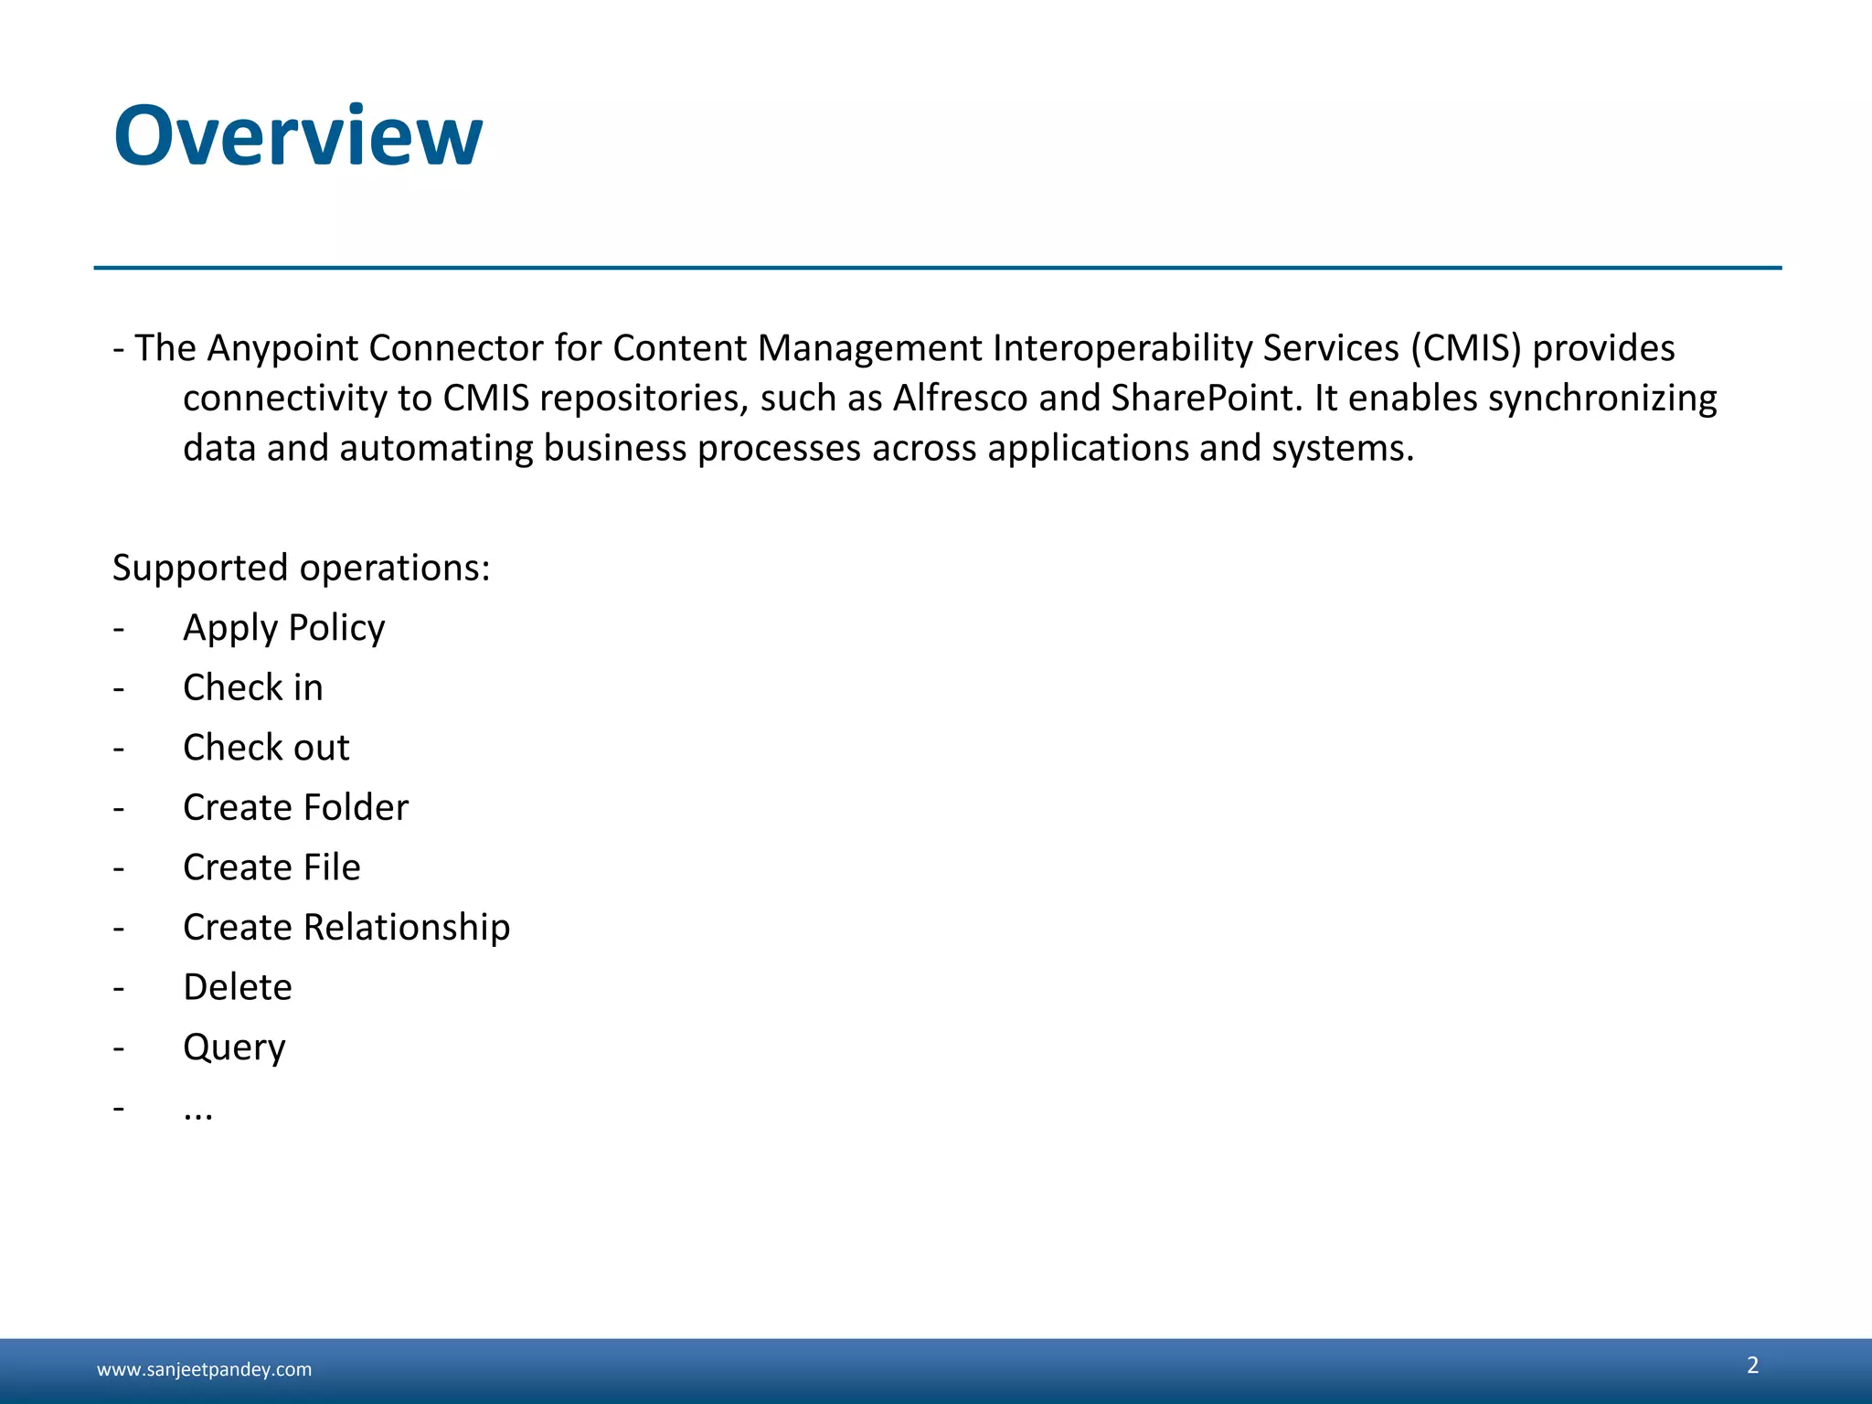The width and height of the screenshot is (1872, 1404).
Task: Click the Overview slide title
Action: (298, 136)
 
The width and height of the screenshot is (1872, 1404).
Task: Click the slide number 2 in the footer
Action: (1752, 1365)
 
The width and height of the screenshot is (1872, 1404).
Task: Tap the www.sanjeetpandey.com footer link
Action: (204, 1369)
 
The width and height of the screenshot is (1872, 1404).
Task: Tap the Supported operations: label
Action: (302, 568)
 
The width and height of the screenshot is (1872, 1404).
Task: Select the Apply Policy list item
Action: (284, 628)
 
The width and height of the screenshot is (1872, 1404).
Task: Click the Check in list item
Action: (253, 687)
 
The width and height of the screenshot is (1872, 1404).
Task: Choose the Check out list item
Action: (266, 748)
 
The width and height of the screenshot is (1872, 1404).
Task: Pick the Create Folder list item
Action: (295, 807)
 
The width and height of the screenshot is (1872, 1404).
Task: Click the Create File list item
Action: (271, 867)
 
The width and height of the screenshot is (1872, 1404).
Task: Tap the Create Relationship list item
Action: (346, 927)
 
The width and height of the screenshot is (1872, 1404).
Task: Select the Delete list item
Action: (238, 987)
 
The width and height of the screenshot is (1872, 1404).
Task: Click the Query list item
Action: (234, 1048)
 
